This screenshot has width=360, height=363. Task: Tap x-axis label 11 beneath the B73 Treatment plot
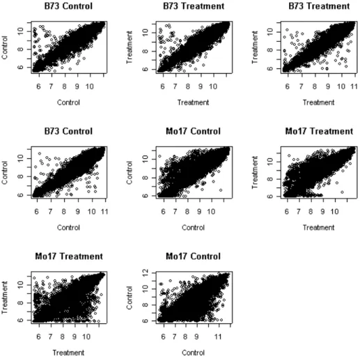coord(354,86)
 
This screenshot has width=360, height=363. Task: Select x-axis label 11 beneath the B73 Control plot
coord(104,212)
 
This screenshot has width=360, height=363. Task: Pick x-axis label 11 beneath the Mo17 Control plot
coord(218,337)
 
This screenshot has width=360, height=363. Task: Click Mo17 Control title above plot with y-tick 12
coord(193,256)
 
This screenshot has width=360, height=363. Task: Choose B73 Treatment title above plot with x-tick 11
coord(319,6)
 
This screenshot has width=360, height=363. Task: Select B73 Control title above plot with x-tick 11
coord(68,132)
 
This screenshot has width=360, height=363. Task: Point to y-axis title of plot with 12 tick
coord(130,298)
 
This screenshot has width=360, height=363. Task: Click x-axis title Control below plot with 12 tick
coord(193,353)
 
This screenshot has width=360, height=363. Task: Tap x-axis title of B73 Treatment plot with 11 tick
coord(318,102)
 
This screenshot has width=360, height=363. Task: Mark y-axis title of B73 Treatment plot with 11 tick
coord(255,47)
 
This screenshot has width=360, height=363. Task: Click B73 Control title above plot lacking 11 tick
coord(68,6)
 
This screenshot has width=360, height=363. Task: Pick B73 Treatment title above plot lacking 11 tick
coord(194,6)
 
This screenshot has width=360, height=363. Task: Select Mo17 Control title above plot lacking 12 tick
coord(193,132)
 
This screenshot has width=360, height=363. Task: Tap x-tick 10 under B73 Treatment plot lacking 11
coord(213,86)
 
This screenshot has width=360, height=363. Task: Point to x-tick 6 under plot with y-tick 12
coord(163,337)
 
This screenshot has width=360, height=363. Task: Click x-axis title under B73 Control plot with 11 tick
coord(68,228)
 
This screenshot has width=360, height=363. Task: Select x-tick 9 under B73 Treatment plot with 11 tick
coord(327,86)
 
